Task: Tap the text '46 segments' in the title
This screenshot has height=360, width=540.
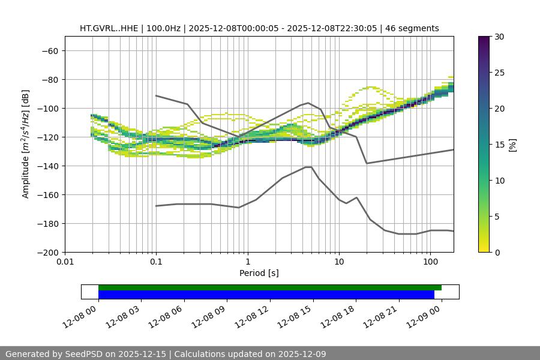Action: coord(412,28)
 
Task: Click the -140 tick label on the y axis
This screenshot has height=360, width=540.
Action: coord(47,166)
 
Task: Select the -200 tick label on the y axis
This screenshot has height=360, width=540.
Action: coord(47,252)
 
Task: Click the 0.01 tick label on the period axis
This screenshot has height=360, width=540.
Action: coord(65,262)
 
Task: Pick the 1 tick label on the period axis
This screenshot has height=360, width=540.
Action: coord(248,262)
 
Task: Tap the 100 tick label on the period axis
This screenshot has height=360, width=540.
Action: coord(430,262)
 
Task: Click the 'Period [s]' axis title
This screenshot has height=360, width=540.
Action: coord(259,273)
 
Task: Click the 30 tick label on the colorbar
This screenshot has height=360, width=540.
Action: coord(499,37)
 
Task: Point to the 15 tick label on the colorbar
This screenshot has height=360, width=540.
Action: coord(499,145)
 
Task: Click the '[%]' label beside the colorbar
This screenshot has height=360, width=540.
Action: coord(512,145)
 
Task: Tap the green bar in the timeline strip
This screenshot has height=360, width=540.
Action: coord(270,287)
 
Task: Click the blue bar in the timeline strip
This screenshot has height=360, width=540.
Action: coord(266,295)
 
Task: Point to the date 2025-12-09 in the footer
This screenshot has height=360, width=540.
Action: coord(296,354)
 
